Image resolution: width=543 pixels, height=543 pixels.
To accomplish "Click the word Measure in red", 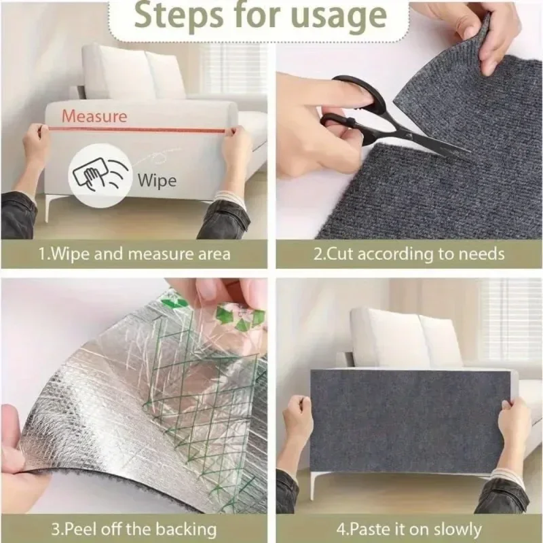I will [94, 116].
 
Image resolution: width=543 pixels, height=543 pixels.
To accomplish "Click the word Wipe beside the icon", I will [157, 181].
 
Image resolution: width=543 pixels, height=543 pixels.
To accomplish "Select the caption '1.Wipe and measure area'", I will [134, 255].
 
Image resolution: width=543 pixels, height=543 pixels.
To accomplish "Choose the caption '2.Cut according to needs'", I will [409, 255].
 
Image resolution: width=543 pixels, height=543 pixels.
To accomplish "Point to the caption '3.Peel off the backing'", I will [134, 529].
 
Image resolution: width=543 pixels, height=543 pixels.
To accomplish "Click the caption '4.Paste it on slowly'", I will [409, 529].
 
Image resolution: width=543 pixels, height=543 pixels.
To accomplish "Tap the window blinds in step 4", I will [509, 319].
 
